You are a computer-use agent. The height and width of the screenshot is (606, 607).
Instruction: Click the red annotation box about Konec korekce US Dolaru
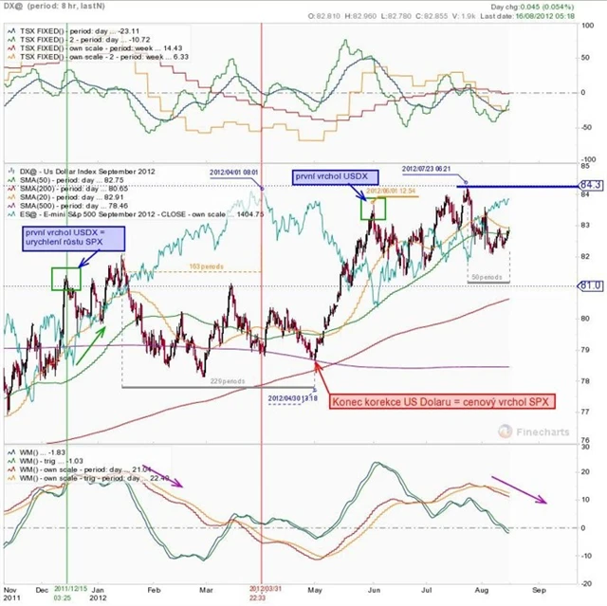[x=442, y=402]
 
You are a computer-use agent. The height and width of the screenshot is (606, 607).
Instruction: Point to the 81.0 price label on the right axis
[x=591, y=285]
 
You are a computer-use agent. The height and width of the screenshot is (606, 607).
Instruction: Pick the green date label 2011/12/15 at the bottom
[x=67, y=593]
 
